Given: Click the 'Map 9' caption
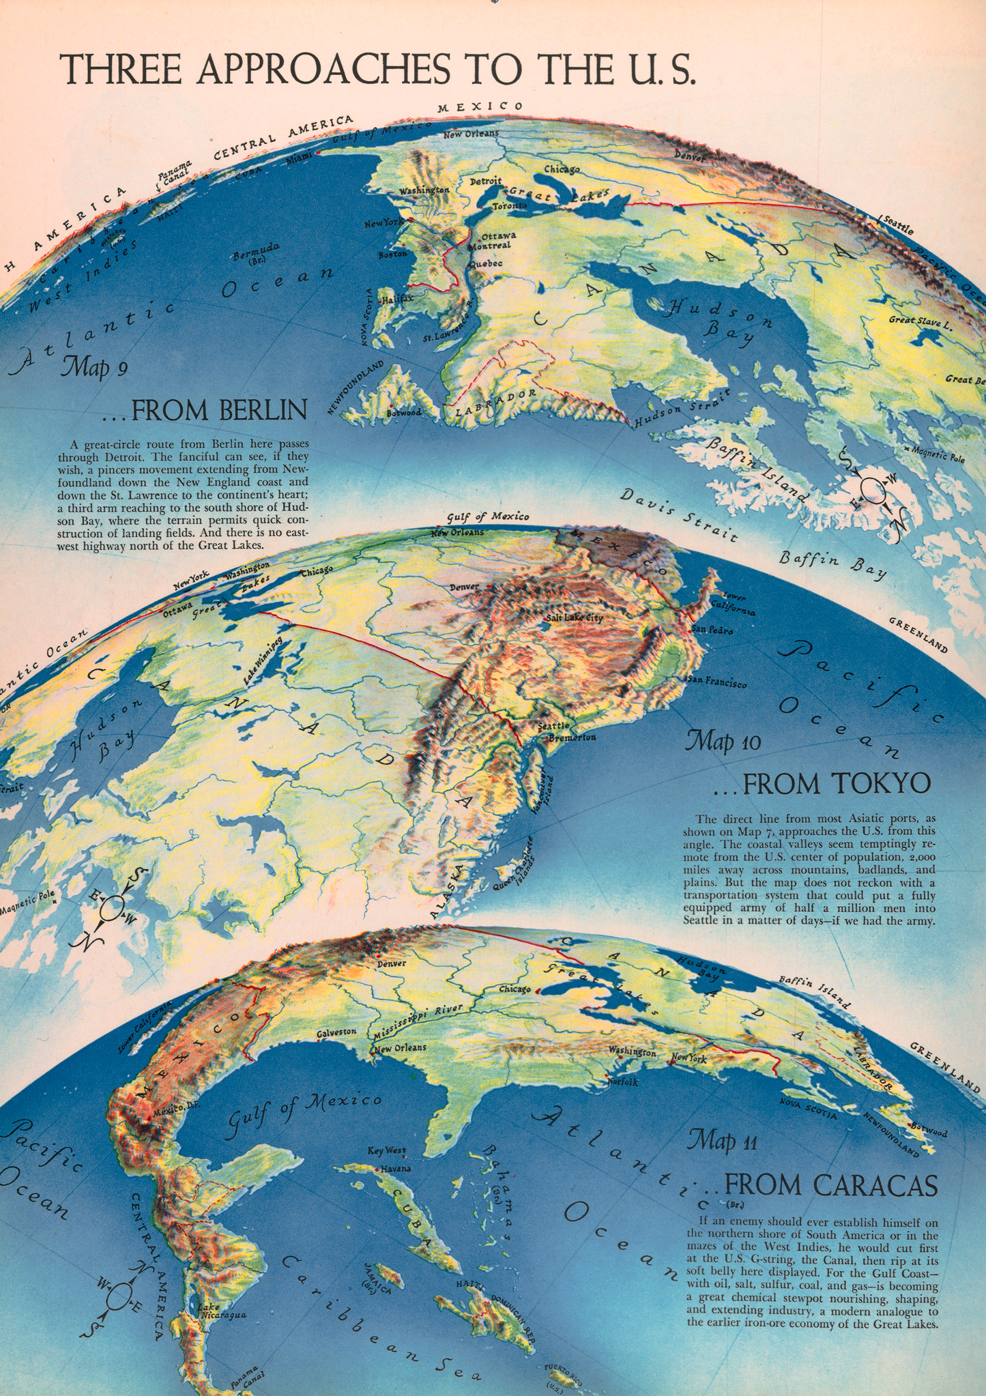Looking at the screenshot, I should click(x=94, y=368).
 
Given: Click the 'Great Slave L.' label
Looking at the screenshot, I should click(x=920, y=319).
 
